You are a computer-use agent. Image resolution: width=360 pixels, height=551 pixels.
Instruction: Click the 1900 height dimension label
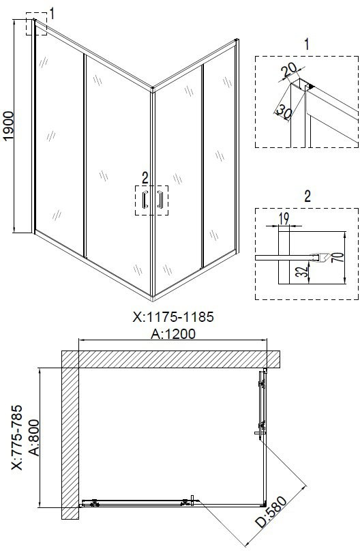click(x=8, y=126)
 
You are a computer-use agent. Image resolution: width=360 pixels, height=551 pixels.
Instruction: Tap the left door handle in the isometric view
click(x=145, y=199)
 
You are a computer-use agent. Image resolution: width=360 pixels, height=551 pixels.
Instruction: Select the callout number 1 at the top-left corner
click(x=52, y=14)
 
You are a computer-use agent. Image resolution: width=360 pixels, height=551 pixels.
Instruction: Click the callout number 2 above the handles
click(x=145, y=178)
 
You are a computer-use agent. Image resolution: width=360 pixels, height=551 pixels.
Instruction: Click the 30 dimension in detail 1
click(x=284, y=112)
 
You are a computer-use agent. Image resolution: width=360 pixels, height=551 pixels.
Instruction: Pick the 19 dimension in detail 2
click(x=284, y=219)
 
